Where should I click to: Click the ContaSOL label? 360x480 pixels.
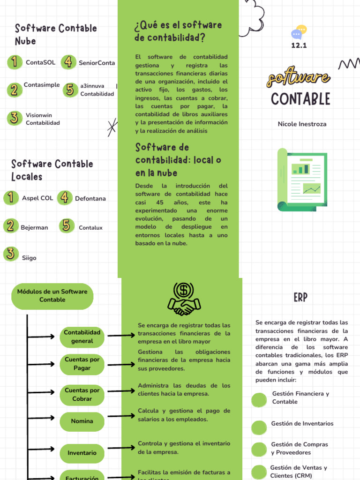tap(40, 62)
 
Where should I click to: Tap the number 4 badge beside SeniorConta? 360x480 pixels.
tap(68, 62)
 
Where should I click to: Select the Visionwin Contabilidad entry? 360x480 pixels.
tap(43, 119)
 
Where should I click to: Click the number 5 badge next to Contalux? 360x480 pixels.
tap(67, 226)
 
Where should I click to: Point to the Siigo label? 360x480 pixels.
tap(29, 258)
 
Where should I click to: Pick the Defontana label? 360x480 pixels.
tap(90, 198)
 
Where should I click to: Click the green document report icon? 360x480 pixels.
tap(302, 179)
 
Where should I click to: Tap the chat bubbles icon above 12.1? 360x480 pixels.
tap(299, 32)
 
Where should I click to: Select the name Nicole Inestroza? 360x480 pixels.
tap(302, 124)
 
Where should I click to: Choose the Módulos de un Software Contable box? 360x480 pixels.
tap(52, 296)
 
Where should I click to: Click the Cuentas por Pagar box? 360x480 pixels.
tap(82, 364)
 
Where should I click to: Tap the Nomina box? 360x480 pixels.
tap(82, 421)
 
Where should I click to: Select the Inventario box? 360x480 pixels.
tap(82, 453)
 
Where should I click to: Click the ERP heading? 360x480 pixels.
tap(300, 297)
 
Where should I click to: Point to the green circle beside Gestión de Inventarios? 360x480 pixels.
tap(259, 427)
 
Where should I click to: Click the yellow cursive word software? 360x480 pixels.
tap(298, 78)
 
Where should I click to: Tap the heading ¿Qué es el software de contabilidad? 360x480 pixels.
tap(178, 31)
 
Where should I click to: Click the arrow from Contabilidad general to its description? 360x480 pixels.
tap(121, 335)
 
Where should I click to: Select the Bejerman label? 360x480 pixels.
tap(34, 228)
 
